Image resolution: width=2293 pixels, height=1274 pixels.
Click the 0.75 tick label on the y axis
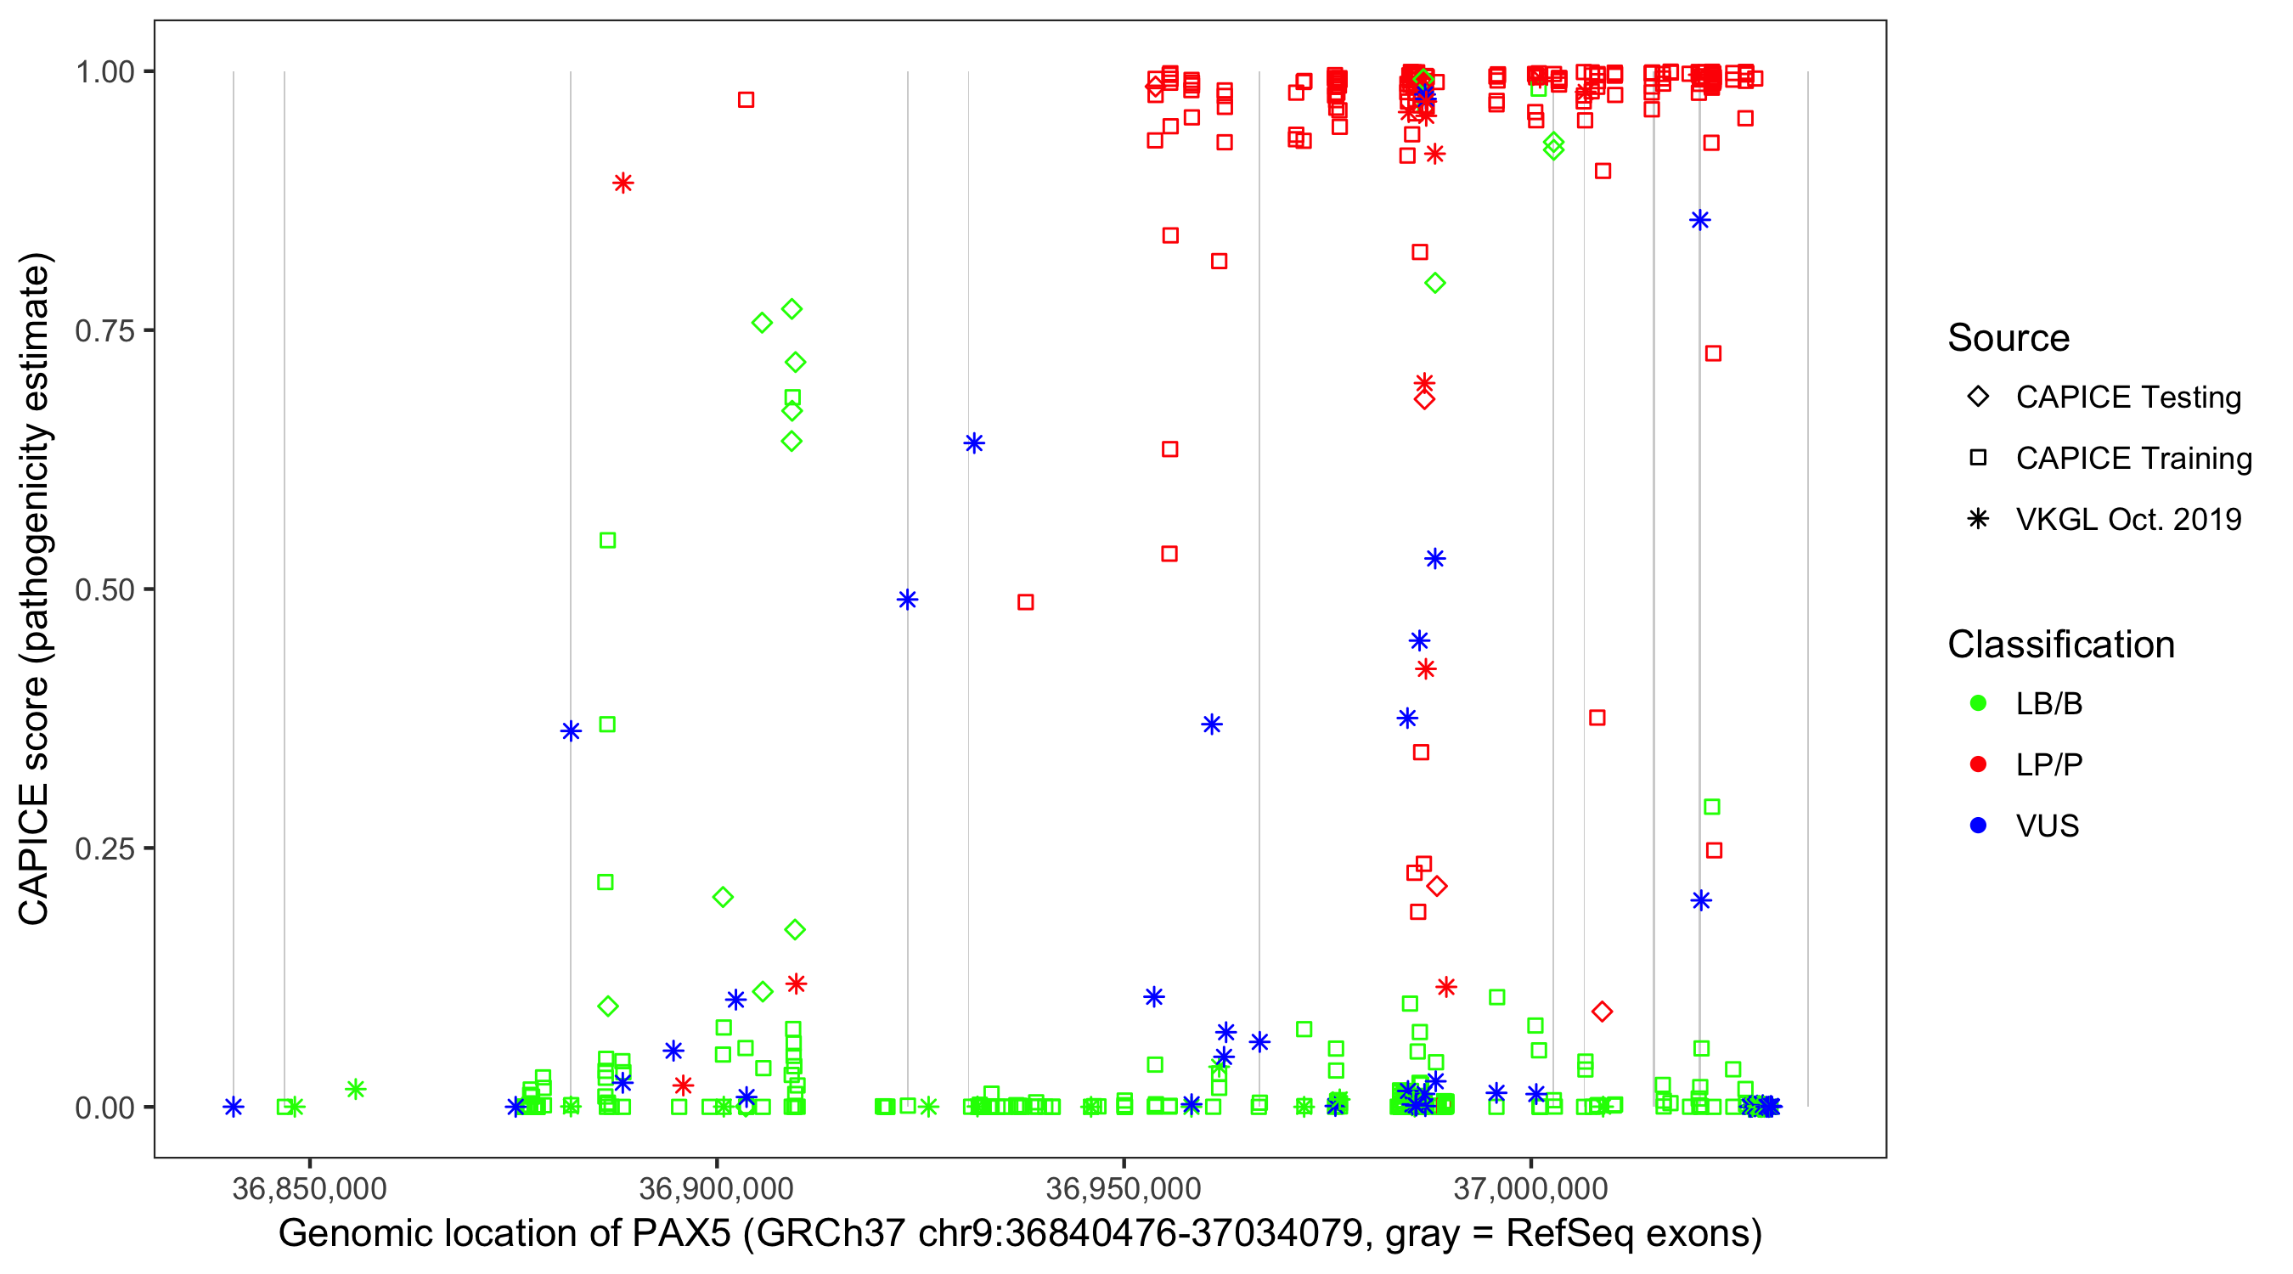(104, 331)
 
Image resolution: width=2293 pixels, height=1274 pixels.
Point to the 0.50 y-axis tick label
(104, 589)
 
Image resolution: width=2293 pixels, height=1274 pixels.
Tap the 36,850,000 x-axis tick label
(309, 1188)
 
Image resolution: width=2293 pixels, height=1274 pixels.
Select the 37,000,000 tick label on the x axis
(1530, 1188)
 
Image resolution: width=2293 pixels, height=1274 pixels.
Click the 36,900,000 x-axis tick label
(716, 1188)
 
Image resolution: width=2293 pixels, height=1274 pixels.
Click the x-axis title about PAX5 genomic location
(1020, 1234)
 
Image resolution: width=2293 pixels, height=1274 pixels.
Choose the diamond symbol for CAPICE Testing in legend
(1978, 397)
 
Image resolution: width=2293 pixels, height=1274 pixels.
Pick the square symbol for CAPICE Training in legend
(1978, 458)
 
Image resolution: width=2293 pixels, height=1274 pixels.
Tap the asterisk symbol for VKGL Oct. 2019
(1978, 519)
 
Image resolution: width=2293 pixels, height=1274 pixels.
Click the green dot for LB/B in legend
(1978, 703)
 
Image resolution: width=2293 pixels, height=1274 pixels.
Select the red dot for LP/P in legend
(1978, 764)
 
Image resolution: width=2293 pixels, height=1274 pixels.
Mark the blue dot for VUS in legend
(1978, 826)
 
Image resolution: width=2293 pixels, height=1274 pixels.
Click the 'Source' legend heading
(2008, 338)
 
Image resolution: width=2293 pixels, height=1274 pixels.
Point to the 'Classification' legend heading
(2060, 645)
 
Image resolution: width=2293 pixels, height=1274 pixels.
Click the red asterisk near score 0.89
(623, 183)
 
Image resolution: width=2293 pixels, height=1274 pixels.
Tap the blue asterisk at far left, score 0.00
(234, 1107)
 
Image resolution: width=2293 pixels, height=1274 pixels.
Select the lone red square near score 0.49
(1025, 603)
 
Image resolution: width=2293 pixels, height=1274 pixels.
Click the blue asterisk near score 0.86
(1700, 220)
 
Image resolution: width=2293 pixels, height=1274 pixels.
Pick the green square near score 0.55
(607, 540)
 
